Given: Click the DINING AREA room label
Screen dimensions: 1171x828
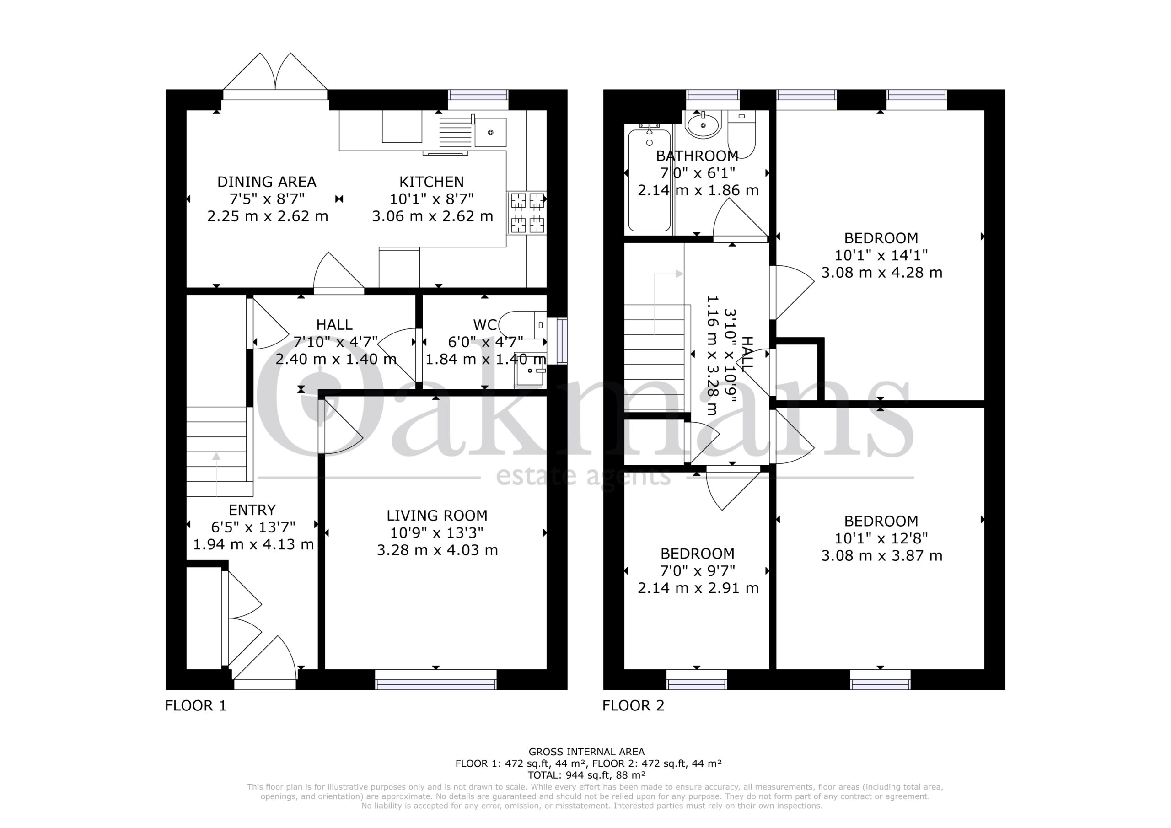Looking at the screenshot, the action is point(267,182).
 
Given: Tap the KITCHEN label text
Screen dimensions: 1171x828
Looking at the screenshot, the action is point(431,182).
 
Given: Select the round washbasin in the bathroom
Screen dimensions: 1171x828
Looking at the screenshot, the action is point(703,124).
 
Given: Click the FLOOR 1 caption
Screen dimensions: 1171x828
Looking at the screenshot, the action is point(195,705).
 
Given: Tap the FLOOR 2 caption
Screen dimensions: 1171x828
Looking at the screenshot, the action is point(634,705).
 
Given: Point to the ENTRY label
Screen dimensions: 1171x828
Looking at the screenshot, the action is point(252,510).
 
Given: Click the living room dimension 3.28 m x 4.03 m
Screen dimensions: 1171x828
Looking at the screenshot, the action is point(437,550).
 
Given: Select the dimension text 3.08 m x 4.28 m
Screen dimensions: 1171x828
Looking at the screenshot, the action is point(882,273).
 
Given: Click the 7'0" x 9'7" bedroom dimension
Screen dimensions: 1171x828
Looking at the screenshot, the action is point(697,570).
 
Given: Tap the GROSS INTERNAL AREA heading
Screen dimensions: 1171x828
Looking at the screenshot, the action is point(586,752).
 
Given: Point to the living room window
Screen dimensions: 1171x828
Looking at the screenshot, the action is point(436,679).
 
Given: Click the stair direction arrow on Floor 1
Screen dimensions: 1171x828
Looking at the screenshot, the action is point(216,474).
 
